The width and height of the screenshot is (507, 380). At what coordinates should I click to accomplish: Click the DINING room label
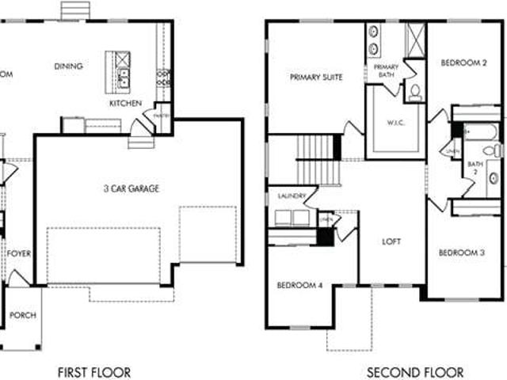point(68,66)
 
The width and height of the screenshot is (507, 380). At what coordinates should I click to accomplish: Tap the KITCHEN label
point(125,103)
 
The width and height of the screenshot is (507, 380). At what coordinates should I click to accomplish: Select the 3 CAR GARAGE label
point(132,188)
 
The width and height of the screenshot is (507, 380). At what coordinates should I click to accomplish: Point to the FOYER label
point(19,253)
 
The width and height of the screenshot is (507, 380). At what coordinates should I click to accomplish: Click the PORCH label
point(22,315)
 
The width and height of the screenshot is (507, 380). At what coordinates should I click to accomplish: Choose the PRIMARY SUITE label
point(316,78)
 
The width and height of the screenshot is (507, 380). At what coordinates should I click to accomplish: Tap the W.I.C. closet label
point(397,123)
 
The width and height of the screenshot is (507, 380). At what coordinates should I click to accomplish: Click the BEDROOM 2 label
point(463,63)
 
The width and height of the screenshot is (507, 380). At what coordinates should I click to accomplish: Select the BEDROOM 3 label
point(462,253)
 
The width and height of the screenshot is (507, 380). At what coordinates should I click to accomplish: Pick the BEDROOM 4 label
point(299,285)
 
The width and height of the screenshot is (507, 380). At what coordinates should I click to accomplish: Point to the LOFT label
point(392,241)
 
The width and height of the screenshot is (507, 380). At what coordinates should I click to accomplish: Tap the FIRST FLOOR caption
point(95,372)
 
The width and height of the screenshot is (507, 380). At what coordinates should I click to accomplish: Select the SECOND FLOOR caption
point(415,372)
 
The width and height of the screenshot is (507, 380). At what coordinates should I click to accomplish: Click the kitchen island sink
point(124,77)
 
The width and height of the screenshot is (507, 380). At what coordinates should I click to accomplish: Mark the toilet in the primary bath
point(415,93)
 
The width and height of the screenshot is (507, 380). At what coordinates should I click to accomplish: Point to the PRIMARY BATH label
point(386,71)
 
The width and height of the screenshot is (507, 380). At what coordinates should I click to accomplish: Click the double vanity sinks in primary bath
point(373,40)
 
